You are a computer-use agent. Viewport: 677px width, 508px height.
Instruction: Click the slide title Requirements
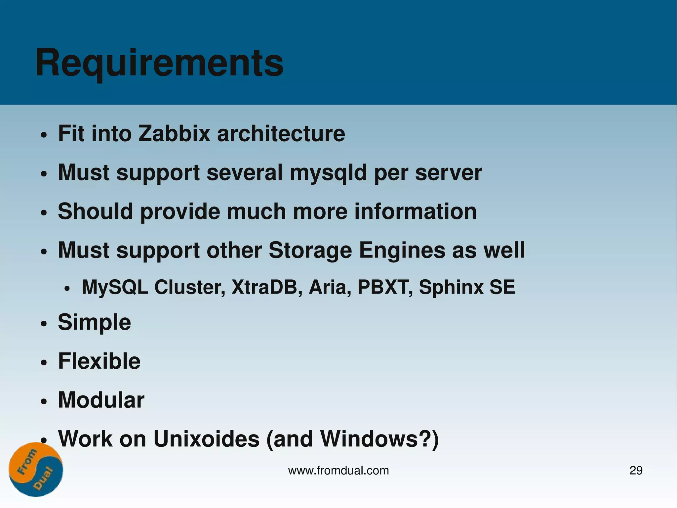159,63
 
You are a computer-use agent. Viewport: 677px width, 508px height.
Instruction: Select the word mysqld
328,173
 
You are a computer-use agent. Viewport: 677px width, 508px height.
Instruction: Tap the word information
416,211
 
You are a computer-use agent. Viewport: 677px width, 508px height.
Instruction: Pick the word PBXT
385,287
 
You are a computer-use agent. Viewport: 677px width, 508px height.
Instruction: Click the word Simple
95,322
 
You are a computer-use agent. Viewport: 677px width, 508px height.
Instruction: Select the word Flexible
99,361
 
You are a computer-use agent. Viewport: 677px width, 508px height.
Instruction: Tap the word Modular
101,400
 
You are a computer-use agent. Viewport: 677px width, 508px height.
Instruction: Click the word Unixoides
207,439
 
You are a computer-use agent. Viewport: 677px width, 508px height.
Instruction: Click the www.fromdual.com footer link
338,470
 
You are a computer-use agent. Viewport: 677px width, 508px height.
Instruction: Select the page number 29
636,470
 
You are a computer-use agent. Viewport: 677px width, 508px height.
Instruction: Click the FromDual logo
36,469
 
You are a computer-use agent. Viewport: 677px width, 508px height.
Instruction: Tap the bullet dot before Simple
44,324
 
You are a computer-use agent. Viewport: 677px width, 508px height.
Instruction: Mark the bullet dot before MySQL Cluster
67,289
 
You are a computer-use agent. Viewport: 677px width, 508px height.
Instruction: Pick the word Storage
310,250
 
